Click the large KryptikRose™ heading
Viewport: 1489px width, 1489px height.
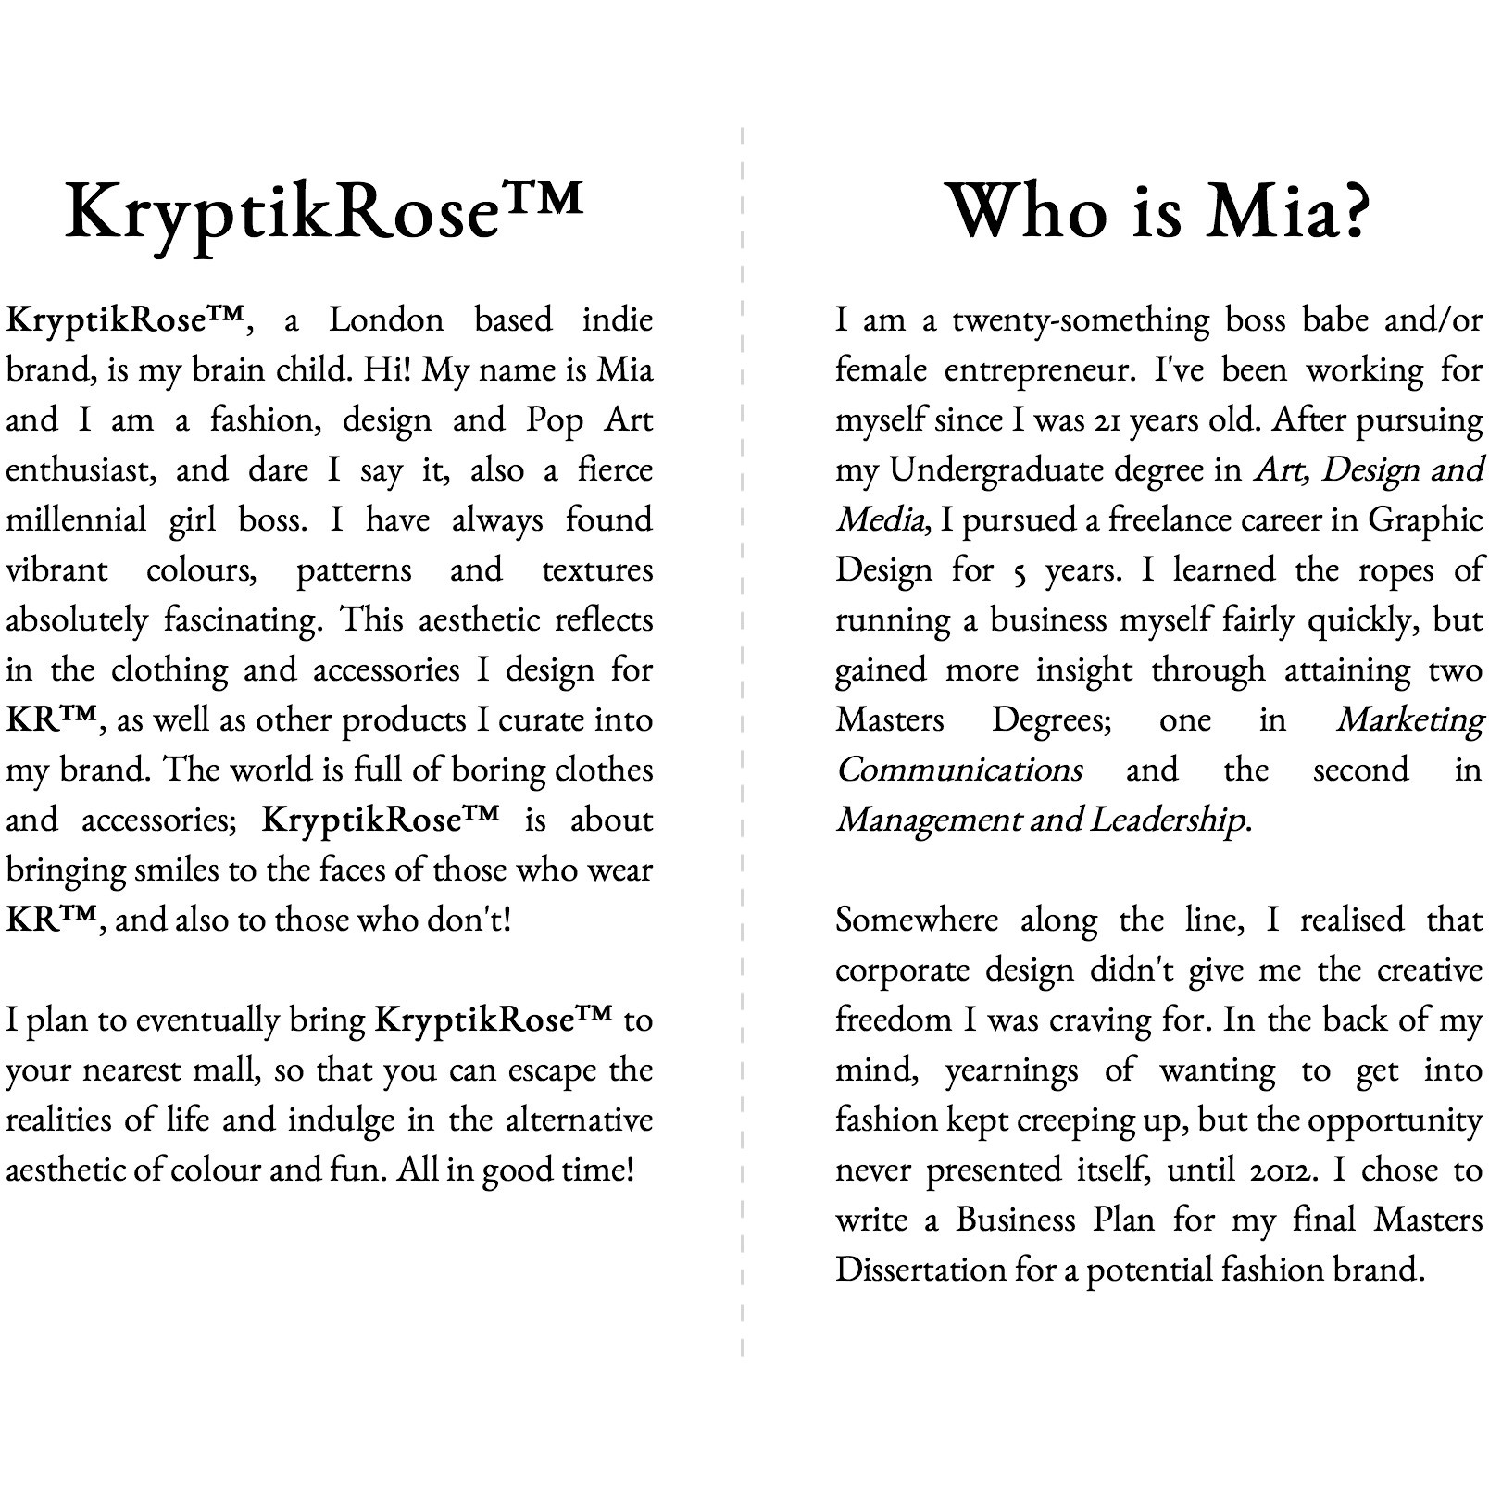coord(324,211)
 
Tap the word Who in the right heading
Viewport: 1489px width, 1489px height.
coord(1028,211)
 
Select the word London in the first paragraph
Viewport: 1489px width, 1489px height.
coord(386,320)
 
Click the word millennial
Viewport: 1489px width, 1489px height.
coord(76,520)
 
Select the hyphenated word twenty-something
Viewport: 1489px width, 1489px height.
coord(1081,320)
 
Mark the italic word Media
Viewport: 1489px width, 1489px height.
coord(880,520)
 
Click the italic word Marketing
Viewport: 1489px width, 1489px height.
coord(1409,720)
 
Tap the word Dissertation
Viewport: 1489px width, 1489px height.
coord(920,1270)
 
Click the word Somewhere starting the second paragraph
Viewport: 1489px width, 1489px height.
coord(917,920)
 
